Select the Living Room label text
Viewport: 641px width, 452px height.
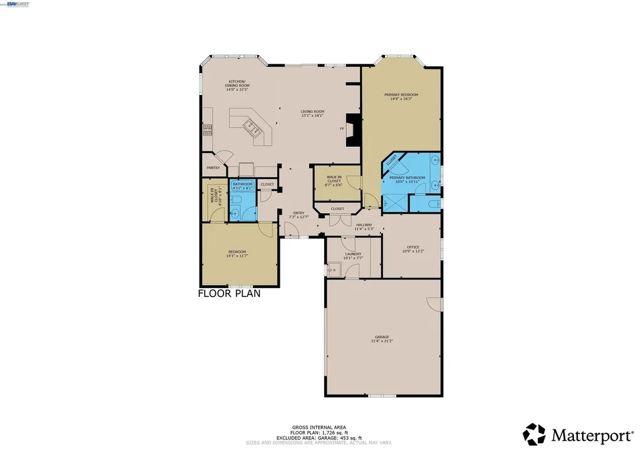point(312,113)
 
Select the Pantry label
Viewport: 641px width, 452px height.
point(213,168)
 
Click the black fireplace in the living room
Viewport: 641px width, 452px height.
point(354,129)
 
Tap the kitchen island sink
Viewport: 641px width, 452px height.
point(255,129)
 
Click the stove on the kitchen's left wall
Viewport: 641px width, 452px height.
point(207,129)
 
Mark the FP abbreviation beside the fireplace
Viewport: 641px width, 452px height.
point(342,129)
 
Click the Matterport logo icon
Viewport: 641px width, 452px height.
point(534,434)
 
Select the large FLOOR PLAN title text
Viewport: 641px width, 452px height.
point(229,293)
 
